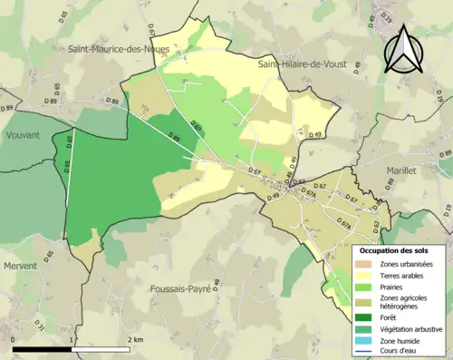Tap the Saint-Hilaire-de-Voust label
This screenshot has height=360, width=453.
click(305, 64)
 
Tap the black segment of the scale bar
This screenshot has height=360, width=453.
click(43, 349)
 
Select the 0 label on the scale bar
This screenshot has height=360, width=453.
click(14, 339)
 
